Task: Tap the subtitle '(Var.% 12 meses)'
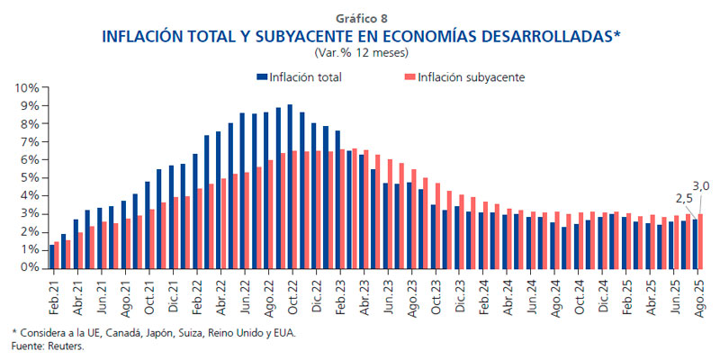coord(360,53)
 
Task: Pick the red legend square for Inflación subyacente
coord(409,77)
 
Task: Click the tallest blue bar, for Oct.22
coord(289,186)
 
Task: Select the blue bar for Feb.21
coord(52,256)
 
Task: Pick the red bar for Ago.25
coord(701,240)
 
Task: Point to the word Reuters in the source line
coord(66,346)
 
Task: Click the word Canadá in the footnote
coord(104,334)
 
